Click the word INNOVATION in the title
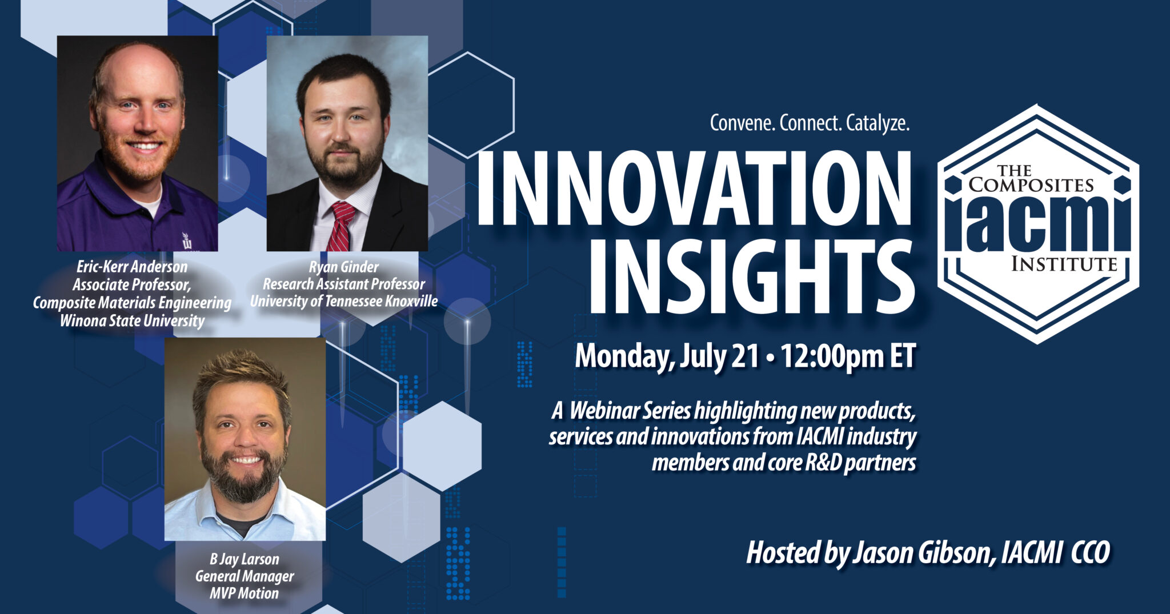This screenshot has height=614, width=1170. point(694,190)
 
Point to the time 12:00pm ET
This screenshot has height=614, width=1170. point(848,356)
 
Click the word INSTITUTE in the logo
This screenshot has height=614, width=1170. point(1064,264)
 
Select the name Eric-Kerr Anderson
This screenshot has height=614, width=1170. point(132,267)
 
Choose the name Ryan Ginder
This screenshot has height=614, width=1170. point(343,267)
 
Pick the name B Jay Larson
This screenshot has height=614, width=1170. point(245,559)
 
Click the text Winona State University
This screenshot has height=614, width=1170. point(132,321)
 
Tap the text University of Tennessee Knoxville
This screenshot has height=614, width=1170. point(343,302)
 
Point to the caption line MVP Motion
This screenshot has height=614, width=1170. point(245,593)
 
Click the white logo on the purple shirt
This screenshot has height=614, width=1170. point(187,240)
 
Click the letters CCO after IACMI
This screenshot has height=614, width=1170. point(1090,553)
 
